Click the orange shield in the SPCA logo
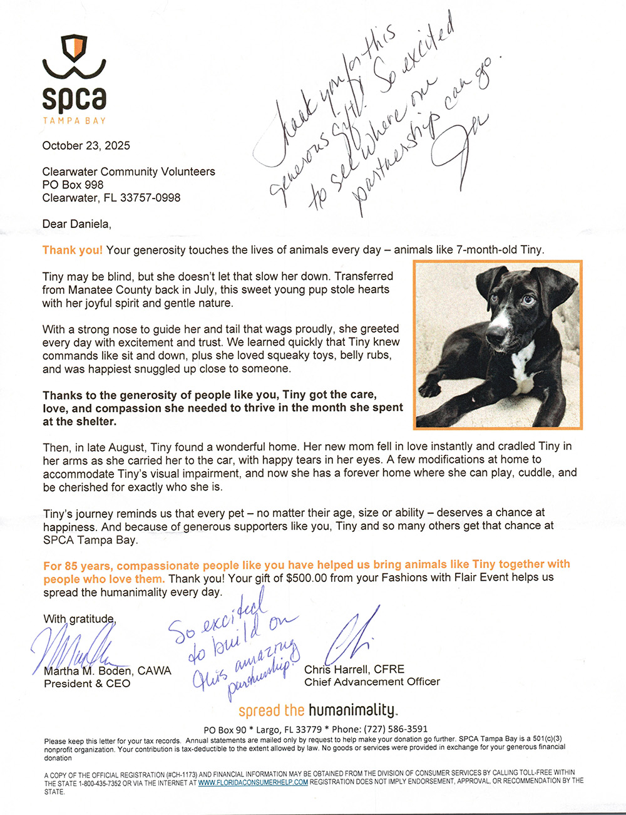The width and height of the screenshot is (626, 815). point(74,46)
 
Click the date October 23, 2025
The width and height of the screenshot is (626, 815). point(86,146)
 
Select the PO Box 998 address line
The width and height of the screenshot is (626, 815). point(73,185)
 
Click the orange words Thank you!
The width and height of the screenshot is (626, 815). point(73,250)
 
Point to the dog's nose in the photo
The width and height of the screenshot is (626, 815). point(494,339)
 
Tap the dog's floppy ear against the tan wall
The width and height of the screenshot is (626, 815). point(558,289)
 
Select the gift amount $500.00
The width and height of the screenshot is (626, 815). point(306,578)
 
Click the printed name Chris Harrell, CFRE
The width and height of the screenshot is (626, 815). point(354,670)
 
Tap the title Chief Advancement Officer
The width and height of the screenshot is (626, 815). point(372,682)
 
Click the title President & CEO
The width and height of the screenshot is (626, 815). point(87,683)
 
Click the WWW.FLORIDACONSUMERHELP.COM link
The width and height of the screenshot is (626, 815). point(253,782)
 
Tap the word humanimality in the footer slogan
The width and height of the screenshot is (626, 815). point(352,710)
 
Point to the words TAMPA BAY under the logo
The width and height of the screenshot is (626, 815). point(74,120)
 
